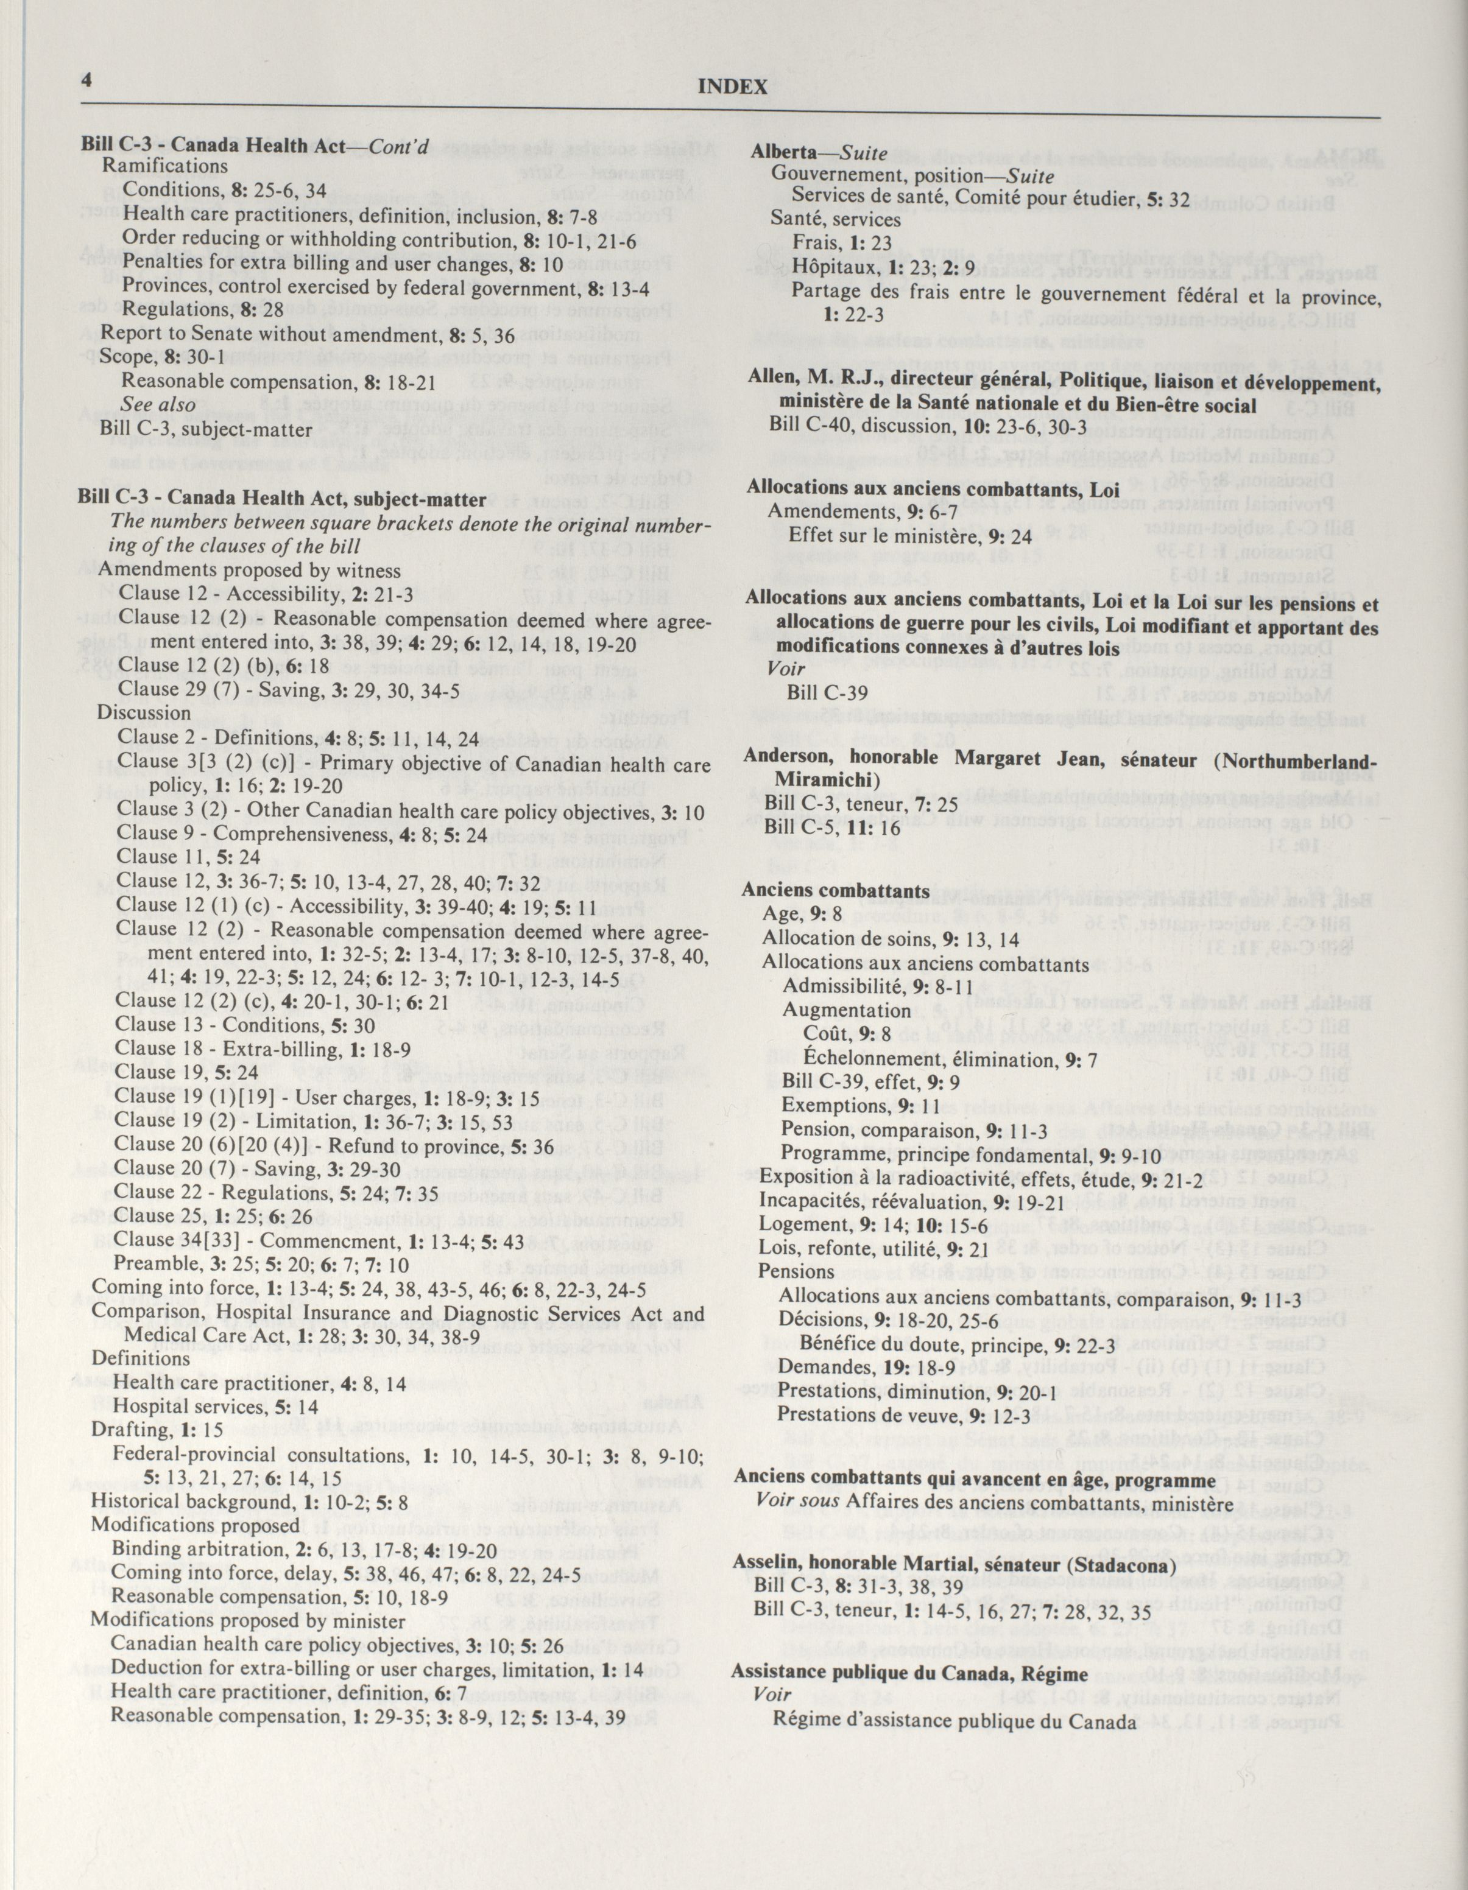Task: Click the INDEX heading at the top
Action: [x=732, y=86]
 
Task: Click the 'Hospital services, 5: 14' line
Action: [x=216, y=1407]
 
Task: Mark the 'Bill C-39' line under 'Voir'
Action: [x=827, y=692]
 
